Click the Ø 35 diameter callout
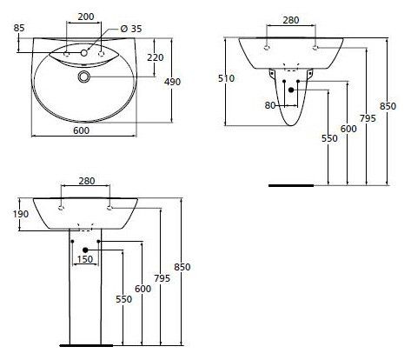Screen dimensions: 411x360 click(131, 29)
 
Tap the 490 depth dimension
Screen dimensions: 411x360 click(172, 82)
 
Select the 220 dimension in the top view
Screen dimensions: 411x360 click(156, 57)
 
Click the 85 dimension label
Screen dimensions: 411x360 click(19, 28)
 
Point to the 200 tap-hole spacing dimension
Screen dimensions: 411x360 click(86, 17)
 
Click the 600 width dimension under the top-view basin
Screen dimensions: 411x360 click(81, 130)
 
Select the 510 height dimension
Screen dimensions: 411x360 click(226, 78)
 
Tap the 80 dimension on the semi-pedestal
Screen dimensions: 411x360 click(270, 105)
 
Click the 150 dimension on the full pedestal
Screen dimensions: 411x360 click(85, 259)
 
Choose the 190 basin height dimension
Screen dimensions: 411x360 click(21, 214)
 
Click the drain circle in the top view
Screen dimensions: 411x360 click(84, 77)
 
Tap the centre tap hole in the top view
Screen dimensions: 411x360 click(84, 53)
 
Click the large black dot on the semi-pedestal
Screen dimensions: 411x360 click(291, 90)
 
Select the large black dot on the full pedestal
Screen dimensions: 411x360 click(85, 250)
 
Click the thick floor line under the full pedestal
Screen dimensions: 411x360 click(86, 345)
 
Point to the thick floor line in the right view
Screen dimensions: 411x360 click(291, 185)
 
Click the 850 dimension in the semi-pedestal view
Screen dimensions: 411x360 click(388, 106)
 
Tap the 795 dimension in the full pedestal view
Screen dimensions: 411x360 click(162, 278)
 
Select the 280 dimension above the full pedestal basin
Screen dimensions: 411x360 click(87, 181)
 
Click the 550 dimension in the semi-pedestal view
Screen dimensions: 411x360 click(329, 138)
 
